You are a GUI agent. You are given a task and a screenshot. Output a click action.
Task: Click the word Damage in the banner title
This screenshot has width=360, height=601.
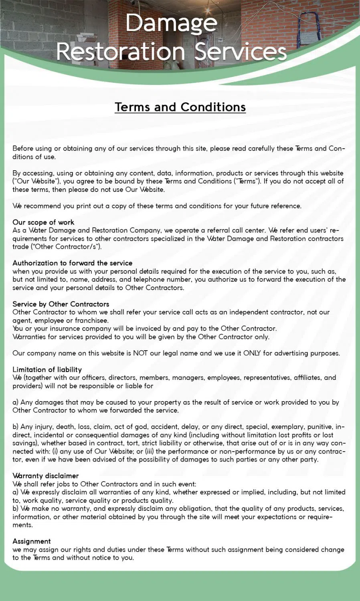(171, 23)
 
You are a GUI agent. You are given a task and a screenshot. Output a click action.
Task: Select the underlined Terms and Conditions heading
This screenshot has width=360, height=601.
(180, 107)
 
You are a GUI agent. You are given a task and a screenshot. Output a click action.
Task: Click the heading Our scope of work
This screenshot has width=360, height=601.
(43, 222)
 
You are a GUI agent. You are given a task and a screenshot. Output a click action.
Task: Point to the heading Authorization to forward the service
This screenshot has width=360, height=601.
(72, 263)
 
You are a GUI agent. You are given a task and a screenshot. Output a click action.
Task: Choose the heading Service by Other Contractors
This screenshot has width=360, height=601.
(61, 304)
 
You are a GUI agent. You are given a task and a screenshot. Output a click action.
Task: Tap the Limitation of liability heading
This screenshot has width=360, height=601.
(47, 369)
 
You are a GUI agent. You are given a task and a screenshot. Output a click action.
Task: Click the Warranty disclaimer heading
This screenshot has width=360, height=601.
(45, 476)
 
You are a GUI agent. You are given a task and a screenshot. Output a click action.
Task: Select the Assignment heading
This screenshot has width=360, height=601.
(32, 541)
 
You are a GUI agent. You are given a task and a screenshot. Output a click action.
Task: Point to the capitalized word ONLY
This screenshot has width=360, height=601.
(252, 353)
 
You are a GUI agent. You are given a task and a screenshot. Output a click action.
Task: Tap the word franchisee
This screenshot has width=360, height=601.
(91, 321)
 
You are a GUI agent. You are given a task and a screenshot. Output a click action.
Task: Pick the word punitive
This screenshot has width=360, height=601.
(321, 427)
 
